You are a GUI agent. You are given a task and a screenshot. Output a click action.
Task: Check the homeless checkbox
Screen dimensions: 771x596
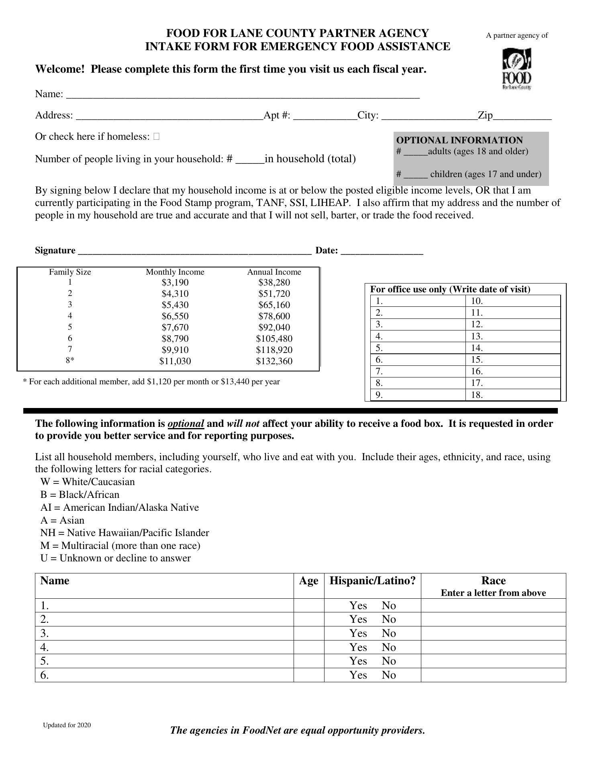tap(156, 137)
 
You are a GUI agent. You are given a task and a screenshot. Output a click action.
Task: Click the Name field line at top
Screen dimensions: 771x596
tap(243, 96)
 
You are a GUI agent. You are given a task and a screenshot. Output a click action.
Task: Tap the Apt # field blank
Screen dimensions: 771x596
tap(325, 117)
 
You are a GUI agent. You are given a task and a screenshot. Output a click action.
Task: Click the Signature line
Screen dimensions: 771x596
tap(194, 252)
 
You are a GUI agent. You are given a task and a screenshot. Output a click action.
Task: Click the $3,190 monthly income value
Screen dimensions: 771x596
tap(175, 283)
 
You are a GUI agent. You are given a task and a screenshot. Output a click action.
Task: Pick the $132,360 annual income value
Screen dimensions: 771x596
tap(274, 361)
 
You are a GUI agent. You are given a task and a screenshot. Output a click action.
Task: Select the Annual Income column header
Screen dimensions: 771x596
tap(274, 272)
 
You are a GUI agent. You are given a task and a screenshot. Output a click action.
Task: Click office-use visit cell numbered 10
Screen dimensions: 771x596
tap(513, 301)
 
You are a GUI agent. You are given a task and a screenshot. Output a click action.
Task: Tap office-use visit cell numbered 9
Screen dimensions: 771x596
tap(418, 395)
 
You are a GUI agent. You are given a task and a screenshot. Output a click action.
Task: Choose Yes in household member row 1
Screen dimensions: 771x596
tap(358, 606)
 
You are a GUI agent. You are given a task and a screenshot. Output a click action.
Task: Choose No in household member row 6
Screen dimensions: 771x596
tap(389, 675)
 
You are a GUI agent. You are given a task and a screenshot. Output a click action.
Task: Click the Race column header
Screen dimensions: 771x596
tap(493, 581)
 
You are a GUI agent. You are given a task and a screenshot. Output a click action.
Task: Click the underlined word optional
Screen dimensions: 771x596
tap(186, 424)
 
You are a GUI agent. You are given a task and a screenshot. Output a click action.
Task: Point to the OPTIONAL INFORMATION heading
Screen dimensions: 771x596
tap(459, 140)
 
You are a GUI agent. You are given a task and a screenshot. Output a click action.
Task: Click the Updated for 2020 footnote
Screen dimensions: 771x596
tap(67, 725)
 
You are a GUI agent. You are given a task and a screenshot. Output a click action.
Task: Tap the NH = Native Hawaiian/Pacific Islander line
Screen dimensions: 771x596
tap(125, 533)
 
